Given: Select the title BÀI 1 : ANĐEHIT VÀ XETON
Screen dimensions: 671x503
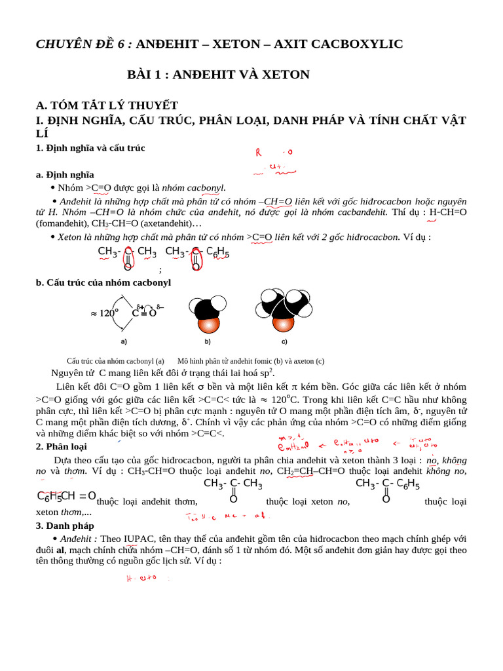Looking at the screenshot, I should point(218,75).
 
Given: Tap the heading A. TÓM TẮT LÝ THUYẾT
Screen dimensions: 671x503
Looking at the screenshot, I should point(107,105).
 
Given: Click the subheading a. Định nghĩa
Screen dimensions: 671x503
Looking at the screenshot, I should point(65,174).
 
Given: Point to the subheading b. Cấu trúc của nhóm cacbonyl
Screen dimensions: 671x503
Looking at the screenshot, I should point(103,282).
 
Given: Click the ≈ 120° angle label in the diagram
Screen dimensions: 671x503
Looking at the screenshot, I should point(103,313).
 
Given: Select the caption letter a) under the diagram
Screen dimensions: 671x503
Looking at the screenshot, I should point(124,341).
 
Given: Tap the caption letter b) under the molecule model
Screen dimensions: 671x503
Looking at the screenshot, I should point(208,341).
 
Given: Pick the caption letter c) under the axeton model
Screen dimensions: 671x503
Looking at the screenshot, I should point(284,341).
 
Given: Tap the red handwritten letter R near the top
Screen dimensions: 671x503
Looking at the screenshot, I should point(258,153).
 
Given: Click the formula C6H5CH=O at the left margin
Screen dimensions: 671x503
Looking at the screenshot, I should point(66,496).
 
